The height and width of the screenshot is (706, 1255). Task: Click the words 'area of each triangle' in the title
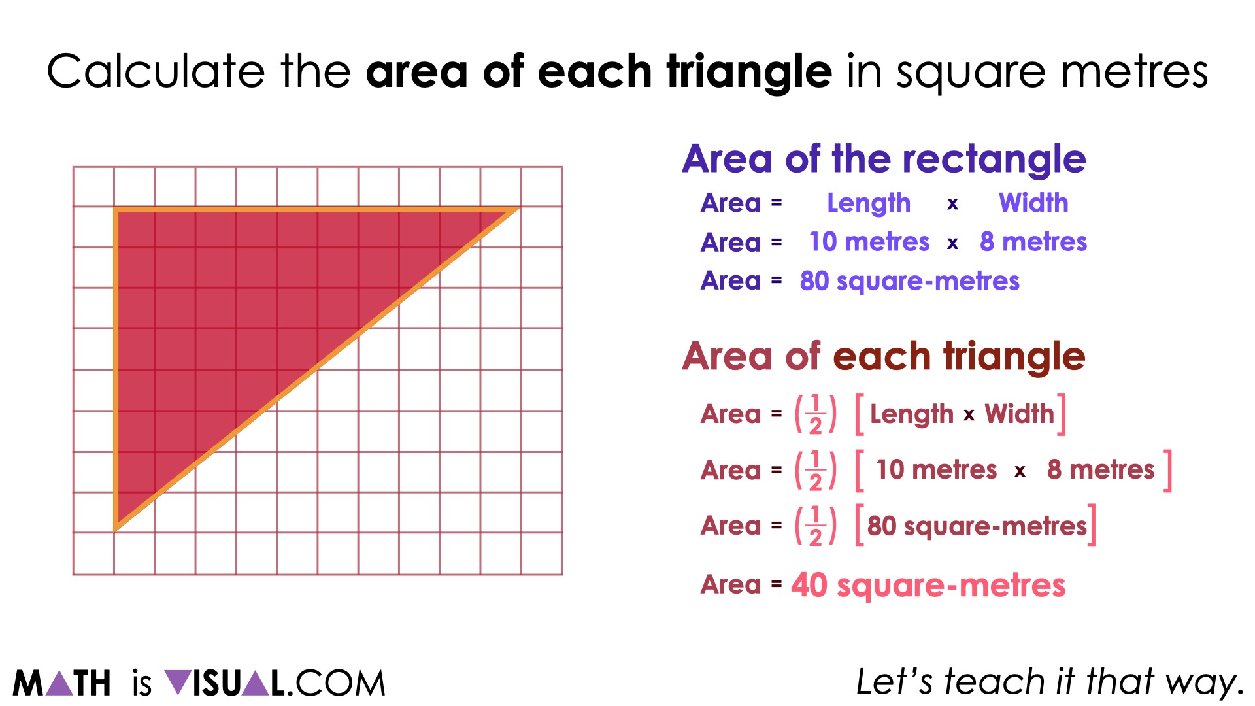tap(599, 71)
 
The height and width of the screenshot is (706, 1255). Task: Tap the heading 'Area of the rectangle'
tap(884, 159)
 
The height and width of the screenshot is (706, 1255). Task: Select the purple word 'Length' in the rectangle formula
tap(869, 203)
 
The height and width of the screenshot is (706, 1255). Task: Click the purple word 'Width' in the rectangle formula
tap(1033, 203)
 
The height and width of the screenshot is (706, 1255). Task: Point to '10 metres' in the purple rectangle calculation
tap(869, 242)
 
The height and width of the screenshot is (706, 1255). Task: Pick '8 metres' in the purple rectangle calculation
tap(1033, 242)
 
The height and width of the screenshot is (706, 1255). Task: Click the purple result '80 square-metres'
tap(909, 281)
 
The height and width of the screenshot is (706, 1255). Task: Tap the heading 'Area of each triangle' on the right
tap(883, 356)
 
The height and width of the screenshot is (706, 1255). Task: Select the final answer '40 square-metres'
tap(928, 585)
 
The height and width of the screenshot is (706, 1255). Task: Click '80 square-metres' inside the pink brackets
tap(977, 526)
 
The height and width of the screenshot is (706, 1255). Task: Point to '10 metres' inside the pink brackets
tap(936, 469)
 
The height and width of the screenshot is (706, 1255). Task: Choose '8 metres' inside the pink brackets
tap(1101, 469)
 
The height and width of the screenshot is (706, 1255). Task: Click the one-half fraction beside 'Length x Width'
tap(815, 414)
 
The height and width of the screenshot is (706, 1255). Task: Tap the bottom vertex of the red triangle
tap(116, 528)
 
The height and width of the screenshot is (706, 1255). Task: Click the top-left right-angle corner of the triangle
tap(116, 210)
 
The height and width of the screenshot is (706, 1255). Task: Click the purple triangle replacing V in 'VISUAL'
tap(177, 682)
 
